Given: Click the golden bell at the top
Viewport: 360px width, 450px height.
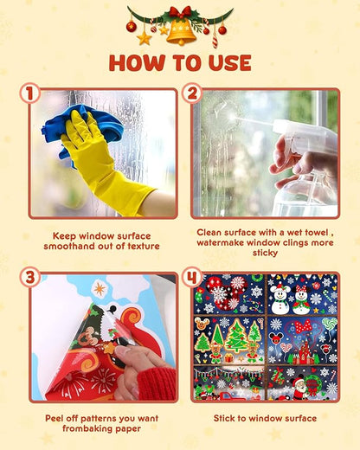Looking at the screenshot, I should (x=180, y=31).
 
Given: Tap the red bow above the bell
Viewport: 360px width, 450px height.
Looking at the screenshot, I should (x=180, y=12).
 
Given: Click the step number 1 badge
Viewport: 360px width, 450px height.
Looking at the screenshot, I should (x=31, y=93).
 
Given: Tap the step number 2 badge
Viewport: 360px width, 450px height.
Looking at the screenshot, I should (x=192, y=93).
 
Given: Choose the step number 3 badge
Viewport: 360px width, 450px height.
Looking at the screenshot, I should (x=31, y=278).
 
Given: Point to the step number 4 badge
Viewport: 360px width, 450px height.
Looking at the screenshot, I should (x=192, y=278).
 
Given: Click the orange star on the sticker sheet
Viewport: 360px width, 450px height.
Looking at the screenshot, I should (x=100, y=288).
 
